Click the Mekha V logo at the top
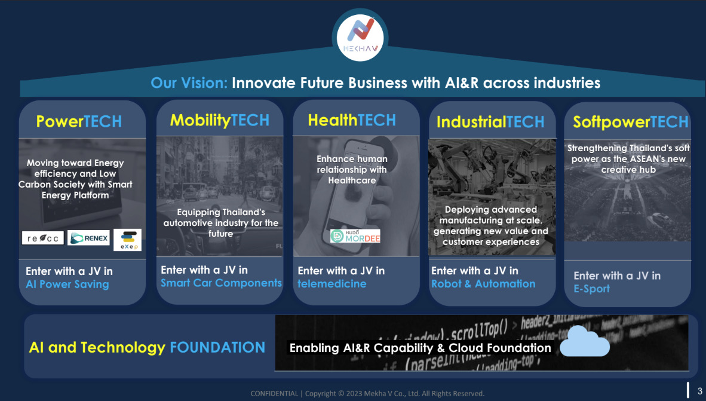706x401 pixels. coord(360,36)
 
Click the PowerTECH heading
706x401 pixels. coord(79,121)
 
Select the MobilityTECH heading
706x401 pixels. coord(220,120)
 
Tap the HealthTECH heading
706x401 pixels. coord(352,120)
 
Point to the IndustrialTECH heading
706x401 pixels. coord(490,122)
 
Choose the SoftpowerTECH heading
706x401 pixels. coord(630,122)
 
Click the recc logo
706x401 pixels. coord(43,238)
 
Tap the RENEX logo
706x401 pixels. coord(89,238)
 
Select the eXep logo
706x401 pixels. coord(127,240)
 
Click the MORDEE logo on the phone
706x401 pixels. coord(355,235)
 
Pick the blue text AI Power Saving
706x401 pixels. coord(67,284)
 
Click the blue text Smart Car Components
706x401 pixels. coord(221,283)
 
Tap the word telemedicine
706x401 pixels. coord(332,284)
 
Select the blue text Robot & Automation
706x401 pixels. coord(483,284)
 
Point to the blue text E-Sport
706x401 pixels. coord(592,289)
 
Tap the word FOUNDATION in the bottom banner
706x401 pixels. coord(217,347)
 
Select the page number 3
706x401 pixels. coord(699,391)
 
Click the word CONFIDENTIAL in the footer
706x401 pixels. coord(274,393)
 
